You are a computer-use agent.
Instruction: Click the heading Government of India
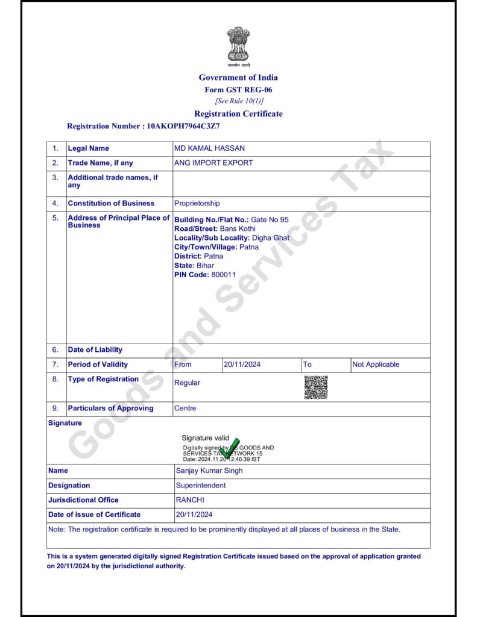238,77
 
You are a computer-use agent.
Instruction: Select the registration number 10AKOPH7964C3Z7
183,127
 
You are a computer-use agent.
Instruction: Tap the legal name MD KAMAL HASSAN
209,148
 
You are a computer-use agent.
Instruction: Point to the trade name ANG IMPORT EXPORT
213,163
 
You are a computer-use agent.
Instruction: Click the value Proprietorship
197,203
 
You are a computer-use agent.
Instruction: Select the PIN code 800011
223,275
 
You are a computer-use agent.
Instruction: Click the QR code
315,387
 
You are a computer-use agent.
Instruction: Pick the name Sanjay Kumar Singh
209,471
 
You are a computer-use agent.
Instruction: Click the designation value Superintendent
201,485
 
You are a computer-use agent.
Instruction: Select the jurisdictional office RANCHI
190,500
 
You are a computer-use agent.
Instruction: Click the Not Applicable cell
376,365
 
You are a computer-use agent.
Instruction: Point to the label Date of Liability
95,349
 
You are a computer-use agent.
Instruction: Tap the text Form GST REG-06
238,90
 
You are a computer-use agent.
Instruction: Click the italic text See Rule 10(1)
239,101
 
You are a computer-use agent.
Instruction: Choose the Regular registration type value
187,383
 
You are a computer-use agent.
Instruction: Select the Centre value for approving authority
185,408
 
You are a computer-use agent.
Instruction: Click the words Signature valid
206,438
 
